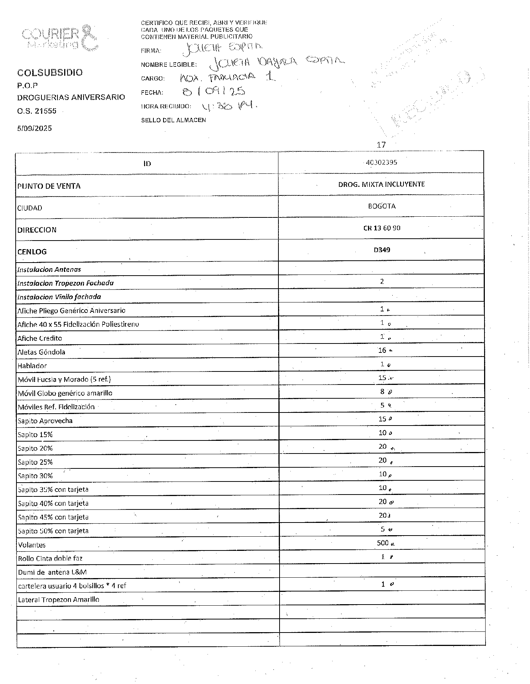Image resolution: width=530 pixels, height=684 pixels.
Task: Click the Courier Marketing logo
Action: point(60,38)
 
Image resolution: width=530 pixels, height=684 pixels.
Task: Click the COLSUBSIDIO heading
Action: point(50,73)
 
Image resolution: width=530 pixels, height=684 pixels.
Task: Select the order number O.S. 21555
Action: point(37,111)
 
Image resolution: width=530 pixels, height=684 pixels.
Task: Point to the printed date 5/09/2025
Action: point(34,128)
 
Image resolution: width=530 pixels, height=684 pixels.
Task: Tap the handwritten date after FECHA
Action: point(213,91)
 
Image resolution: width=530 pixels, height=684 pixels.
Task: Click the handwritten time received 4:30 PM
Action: point(229,107)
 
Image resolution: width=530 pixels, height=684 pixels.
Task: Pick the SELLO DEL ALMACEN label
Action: point(173,120)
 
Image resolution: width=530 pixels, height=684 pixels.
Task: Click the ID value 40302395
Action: point(381,162)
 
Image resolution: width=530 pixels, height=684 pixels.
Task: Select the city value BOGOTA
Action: point(381,206)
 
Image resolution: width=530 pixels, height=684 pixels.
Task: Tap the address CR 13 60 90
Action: point(381,228)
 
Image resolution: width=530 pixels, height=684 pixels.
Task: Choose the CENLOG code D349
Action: point(382,250)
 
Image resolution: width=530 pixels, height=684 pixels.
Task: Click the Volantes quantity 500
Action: point(383,543)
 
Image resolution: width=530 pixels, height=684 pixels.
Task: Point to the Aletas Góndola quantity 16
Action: point(382,350)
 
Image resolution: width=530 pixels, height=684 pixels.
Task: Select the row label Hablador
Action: point(32,366)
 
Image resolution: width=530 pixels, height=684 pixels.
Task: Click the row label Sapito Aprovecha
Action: point(45,421)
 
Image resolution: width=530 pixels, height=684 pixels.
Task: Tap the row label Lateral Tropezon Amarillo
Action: point(59,600)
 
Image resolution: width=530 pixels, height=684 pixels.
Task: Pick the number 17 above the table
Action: point(381,145)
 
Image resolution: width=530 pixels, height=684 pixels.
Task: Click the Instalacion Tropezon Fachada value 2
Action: point(382,282)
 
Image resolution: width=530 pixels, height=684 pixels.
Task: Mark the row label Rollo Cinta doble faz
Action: point(50,558)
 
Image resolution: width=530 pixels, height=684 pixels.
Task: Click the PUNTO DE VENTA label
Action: point(49,186)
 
